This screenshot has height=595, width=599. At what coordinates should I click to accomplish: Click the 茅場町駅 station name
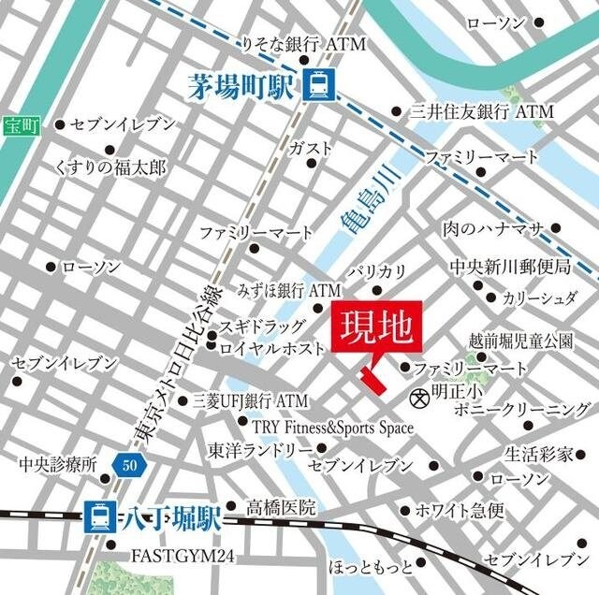(241, 88)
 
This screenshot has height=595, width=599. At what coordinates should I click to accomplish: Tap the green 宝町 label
(16, 124)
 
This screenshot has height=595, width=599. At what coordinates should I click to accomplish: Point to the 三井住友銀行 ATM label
(483, 111)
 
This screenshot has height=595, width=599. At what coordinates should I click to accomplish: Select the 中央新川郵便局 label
(510, 268)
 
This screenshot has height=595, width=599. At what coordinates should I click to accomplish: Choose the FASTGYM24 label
(181, 557)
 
